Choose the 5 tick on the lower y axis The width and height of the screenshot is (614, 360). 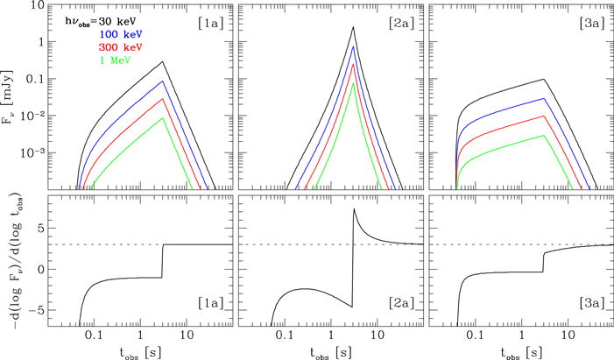click(x=51, y=228)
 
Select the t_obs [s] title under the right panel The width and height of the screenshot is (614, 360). click(x=512, y=350)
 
